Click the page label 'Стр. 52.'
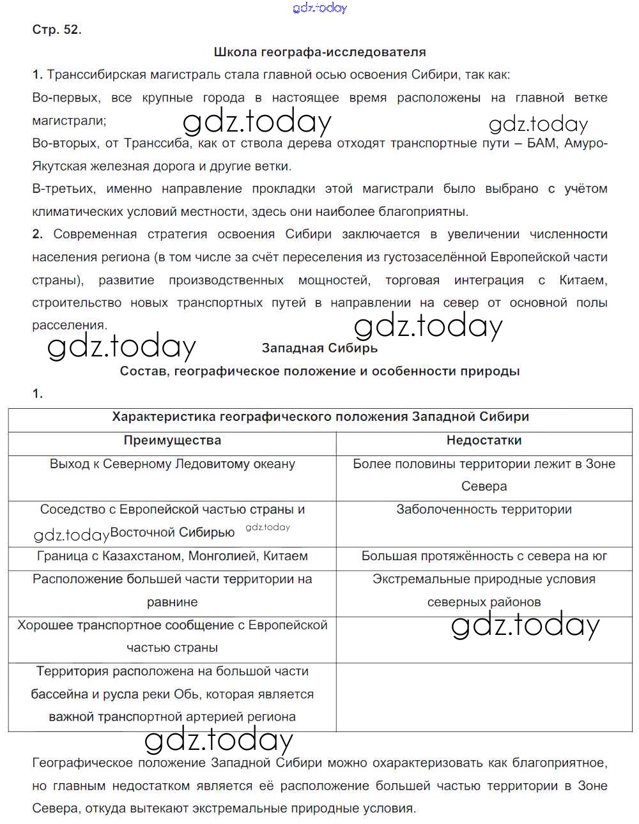coord(57,29)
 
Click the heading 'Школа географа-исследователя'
coord(319,52)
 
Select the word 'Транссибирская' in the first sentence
coord(93,75)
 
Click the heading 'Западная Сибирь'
coord(319,348)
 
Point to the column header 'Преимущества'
coord(173,440)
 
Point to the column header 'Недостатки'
coord(484,440)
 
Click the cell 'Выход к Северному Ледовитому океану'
coord(173,464)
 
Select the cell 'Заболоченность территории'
coord(484,510)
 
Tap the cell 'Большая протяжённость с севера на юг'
coord(484,556)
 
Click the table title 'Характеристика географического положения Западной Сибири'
coord(320,417)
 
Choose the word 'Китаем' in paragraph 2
coord(583,280)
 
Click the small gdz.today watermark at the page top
coord(319,8)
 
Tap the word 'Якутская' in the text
coord(59,166)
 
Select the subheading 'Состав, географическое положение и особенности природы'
coord(319,371)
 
